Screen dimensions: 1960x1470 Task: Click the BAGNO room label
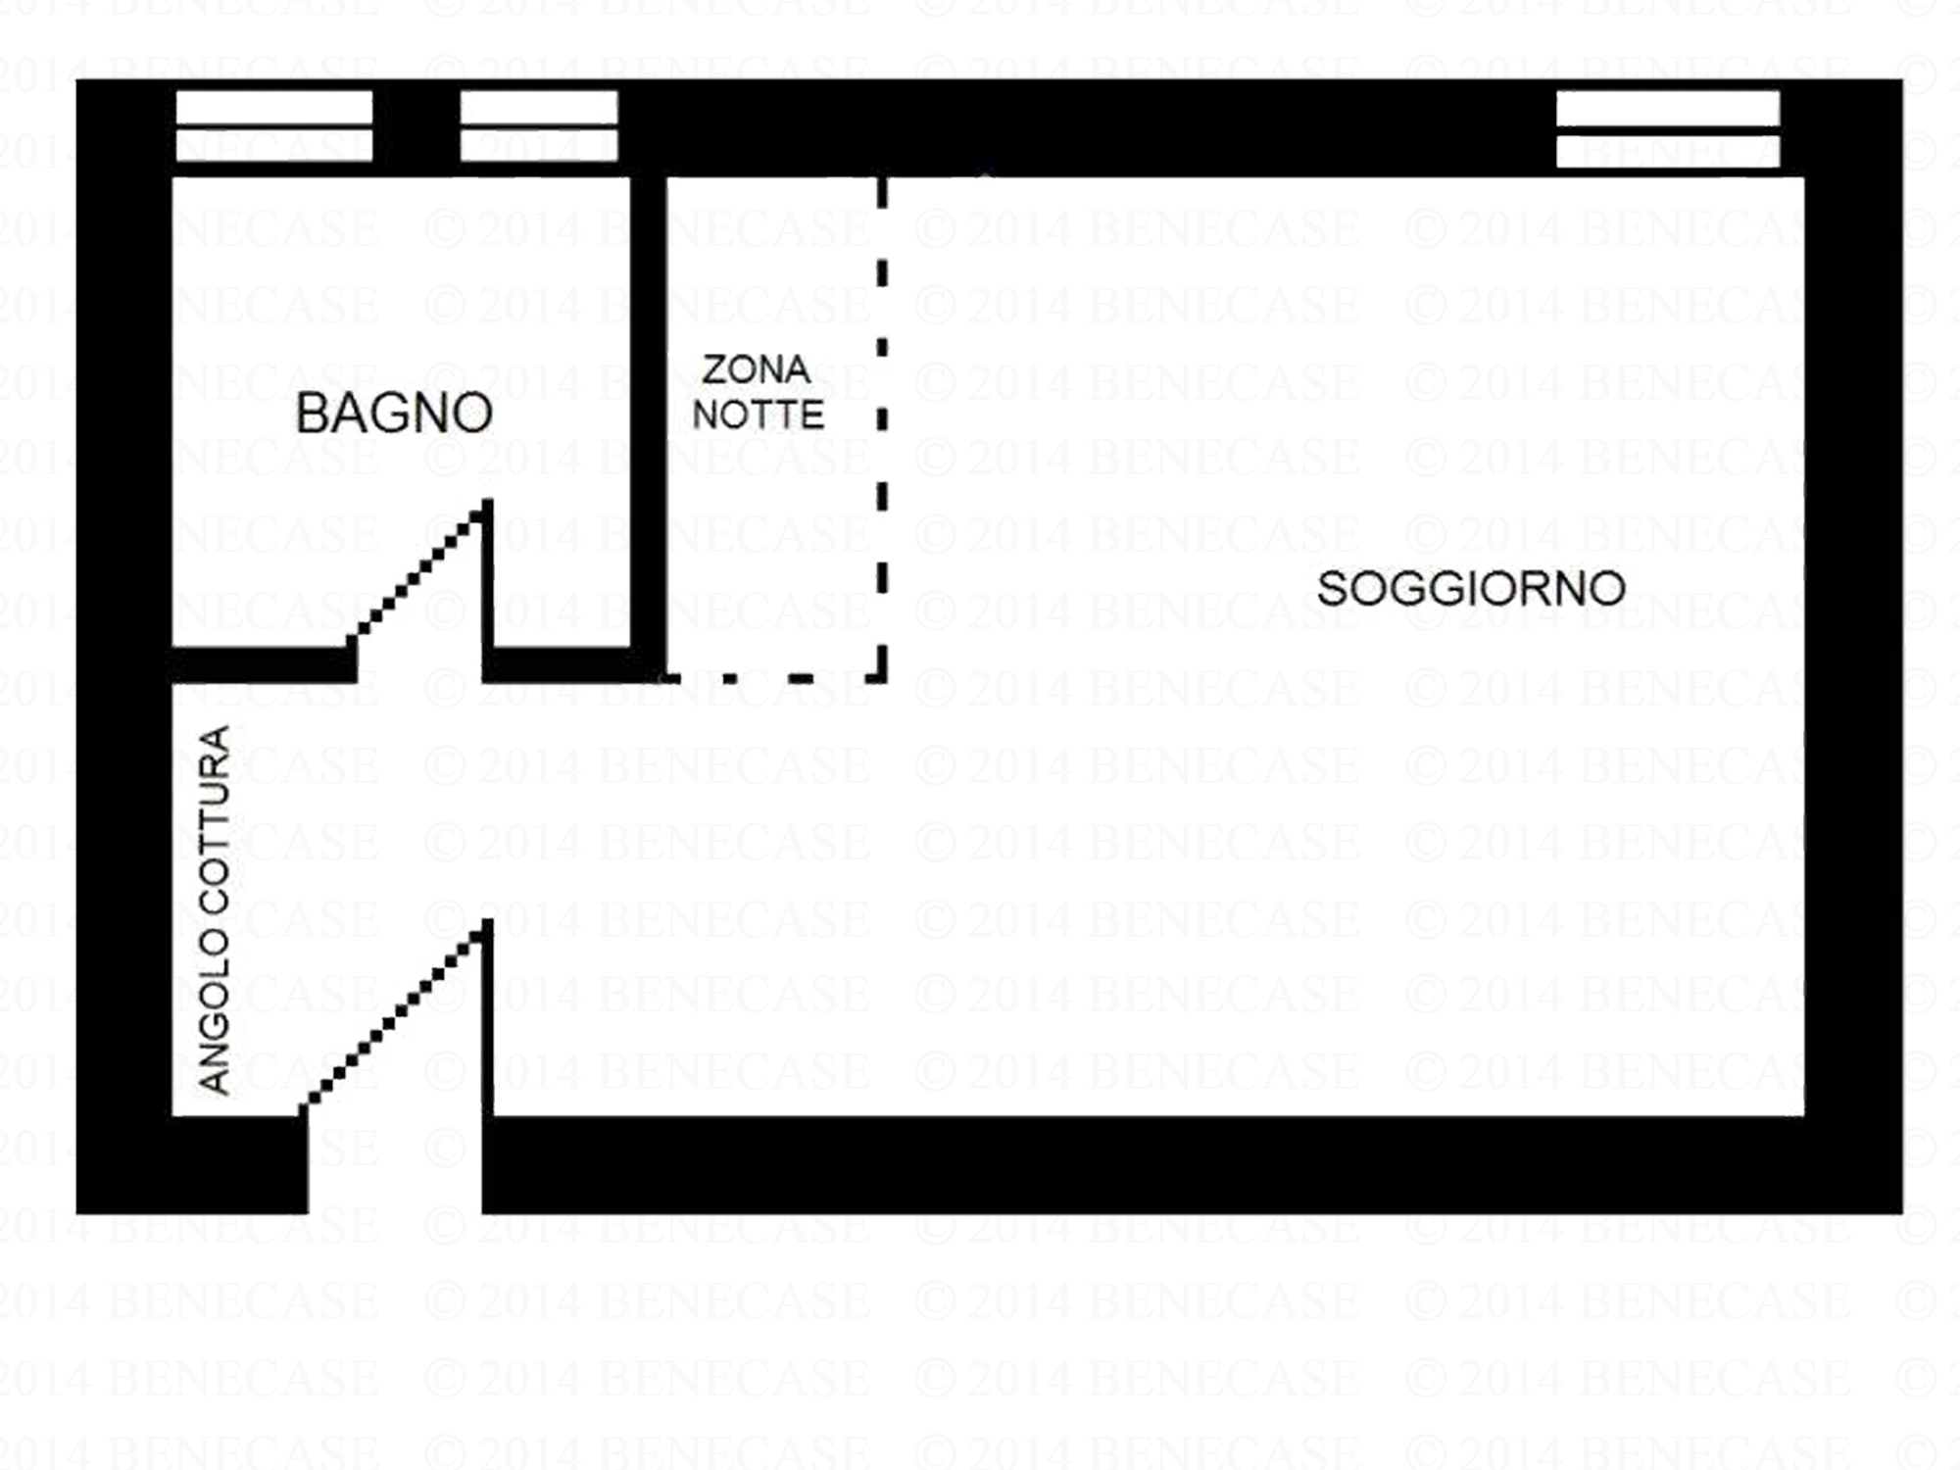(x=394, y=413)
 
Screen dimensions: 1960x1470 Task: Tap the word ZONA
(x=756, y=369)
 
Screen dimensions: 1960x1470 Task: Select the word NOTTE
(x=758, y=416)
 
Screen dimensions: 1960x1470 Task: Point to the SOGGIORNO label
(x=1471, y=588)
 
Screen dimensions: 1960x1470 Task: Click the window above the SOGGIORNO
(x=1668, y=129)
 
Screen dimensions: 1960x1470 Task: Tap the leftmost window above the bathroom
(x=274, y=125)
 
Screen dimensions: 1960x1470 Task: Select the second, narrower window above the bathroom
(x=539, y=125)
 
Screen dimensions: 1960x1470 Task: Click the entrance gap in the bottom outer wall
(x=395, y=1164)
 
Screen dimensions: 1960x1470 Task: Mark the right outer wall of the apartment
(x=1853, y=647)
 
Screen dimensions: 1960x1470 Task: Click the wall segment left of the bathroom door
(x=263, y=663)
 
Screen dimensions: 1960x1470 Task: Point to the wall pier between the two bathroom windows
(x=416, y=127)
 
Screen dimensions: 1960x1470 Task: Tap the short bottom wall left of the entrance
(x=192, y=1164)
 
